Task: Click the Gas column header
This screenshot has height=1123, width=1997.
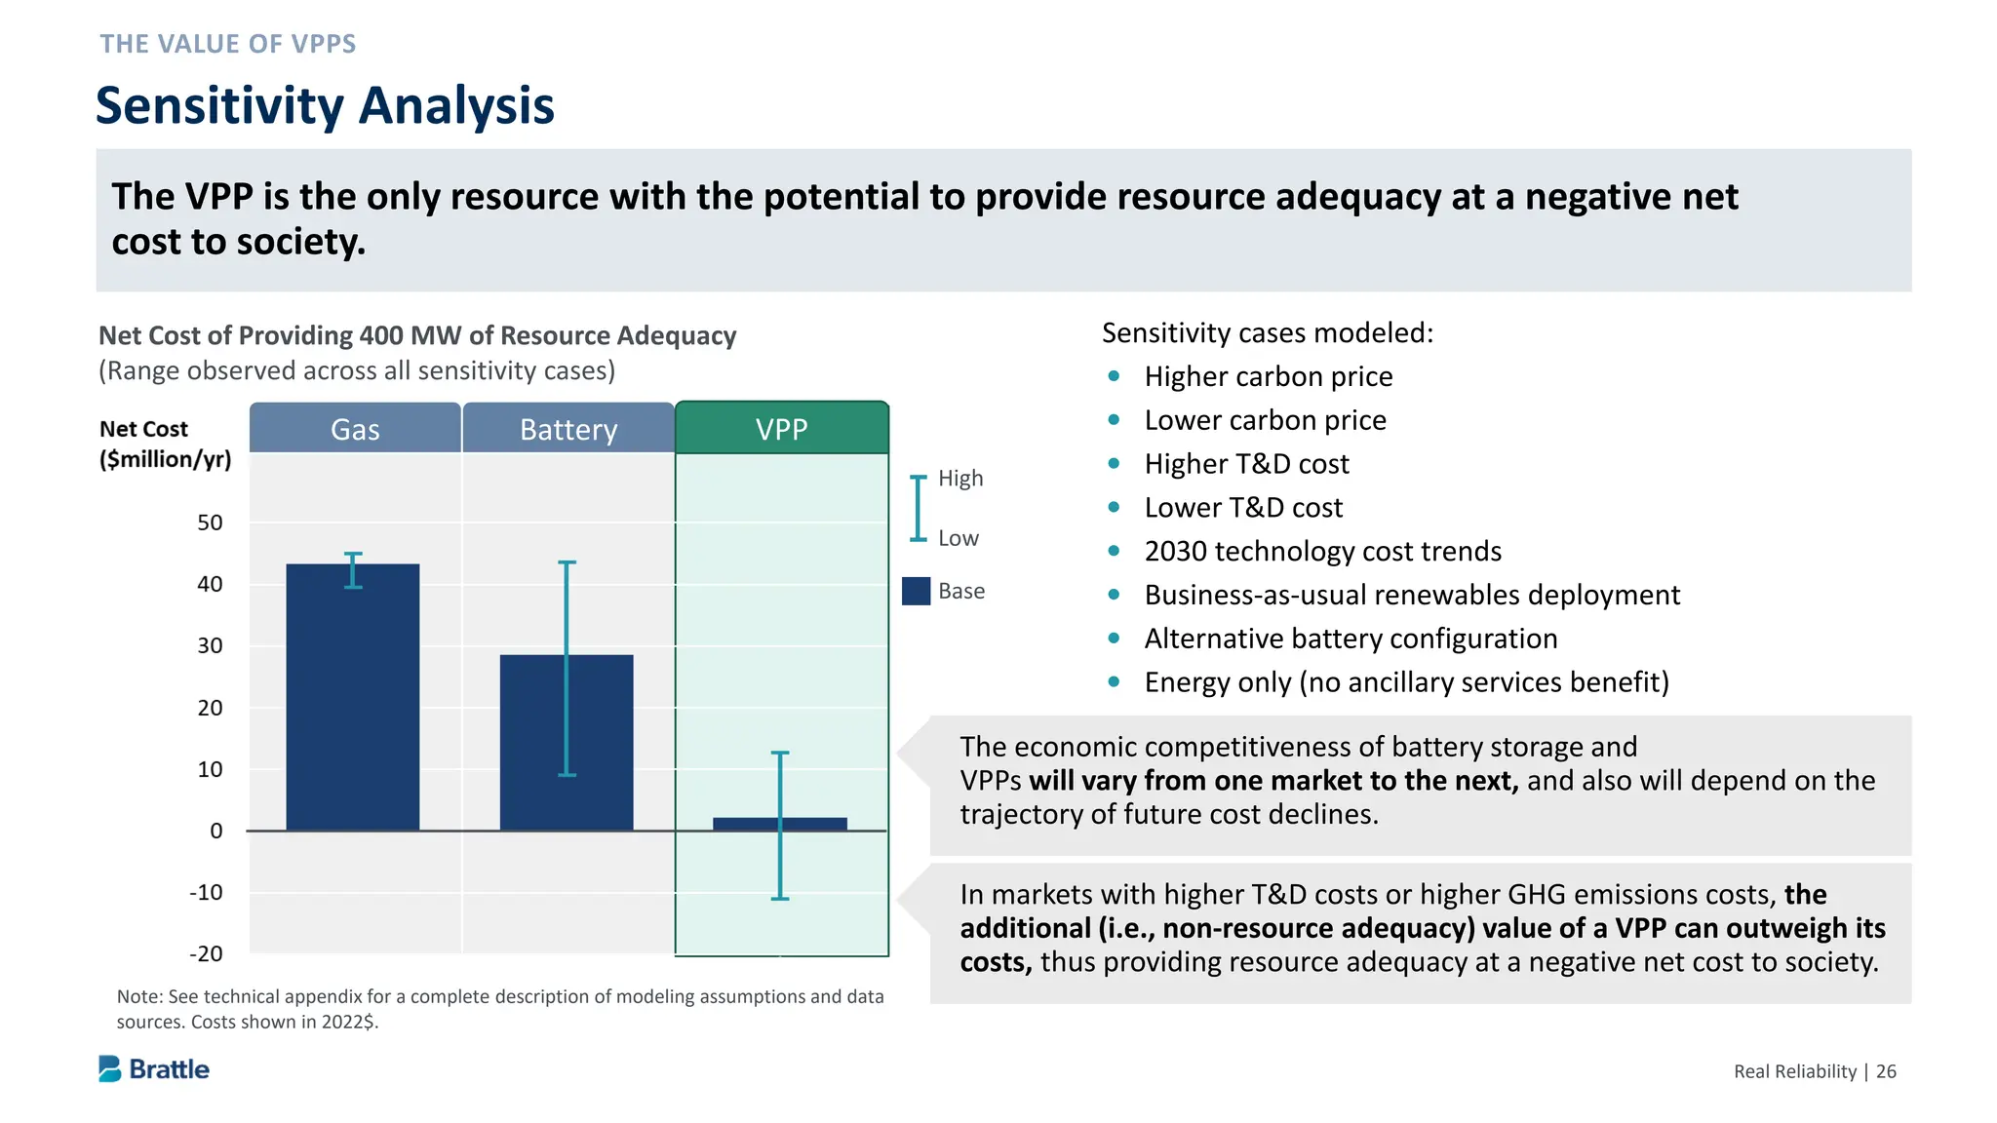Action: (x=355, y=429)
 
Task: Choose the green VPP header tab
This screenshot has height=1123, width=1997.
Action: (x=781, y=429)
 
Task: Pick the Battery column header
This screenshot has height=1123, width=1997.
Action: (x=568, y=429)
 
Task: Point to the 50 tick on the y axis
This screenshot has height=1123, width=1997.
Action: (x=210, y=523)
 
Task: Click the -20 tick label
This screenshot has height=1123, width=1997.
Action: (x=206, y=953)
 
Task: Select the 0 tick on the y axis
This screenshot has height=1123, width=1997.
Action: (x=215, y=831)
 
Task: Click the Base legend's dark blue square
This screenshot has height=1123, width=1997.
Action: (x=916, y=591)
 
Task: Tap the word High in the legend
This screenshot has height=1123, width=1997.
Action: (x=960, y=479)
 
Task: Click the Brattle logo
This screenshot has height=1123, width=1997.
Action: (x=154, y=1069)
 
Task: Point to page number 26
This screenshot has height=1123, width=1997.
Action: (x=1886, y=1071)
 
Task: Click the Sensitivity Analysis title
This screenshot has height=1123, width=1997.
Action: (x=325, y=105)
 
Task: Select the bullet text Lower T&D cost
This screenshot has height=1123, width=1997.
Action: (x=1242, y=508)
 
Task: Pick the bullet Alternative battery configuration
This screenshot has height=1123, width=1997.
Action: (x=1351, y=639)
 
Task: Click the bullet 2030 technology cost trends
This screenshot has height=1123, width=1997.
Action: (x=1322, y=552)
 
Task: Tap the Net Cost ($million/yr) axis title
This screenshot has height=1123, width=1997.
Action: (x=165, y=444)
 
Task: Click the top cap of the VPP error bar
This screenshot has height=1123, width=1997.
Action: (x=780, y=753)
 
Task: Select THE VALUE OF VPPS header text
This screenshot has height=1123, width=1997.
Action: (x=228, y=44)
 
